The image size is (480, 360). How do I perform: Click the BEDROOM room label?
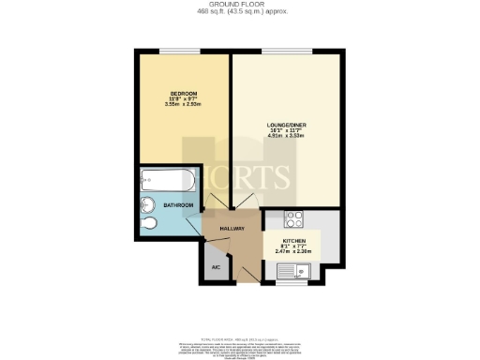172,94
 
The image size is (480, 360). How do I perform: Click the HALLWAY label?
232,229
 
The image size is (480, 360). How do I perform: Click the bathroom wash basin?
147,205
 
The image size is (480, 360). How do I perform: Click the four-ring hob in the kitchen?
292,220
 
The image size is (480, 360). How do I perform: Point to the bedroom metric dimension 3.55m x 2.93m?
172,105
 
